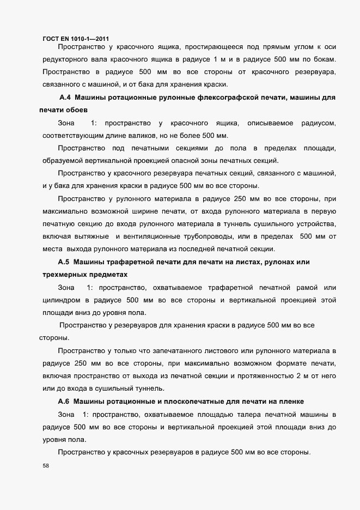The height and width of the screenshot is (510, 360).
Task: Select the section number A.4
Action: coord(65,98)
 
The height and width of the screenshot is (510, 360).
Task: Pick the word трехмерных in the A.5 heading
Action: coord(59,275)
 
